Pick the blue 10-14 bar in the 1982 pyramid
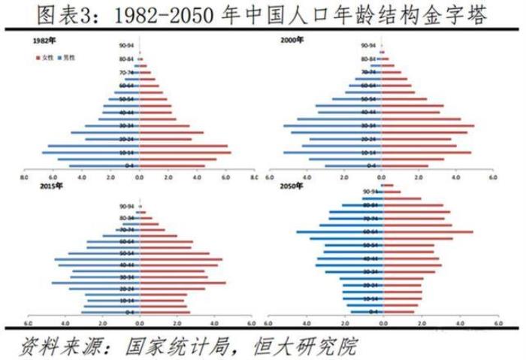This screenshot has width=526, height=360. (90, 152)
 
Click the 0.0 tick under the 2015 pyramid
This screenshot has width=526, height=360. (139, 325)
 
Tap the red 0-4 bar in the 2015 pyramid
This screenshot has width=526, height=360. (165, 311)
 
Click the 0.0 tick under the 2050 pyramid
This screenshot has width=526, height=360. (382, 325)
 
